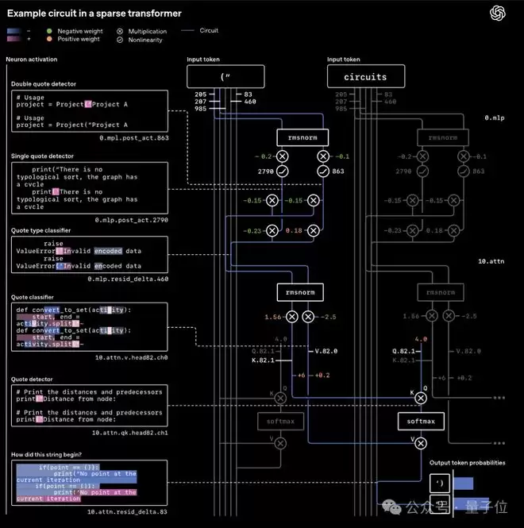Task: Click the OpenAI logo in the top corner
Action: (498, 13)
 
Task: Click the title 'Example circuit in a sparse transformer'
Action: (94, 13)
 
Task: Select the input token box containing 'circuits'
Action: (366, 77)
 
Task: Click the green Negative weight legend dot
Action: (50, 30)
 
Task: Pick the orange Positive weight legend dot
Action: (50, 38)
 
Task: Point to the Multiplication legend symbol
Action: (121, 30)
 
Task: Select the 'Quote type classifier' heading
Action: (41, 230)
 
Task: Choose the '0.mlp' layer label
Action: (495, 118)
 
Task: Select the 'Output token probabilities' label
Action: (467, 463)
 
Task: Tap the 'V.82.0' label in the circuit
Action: (326, 350)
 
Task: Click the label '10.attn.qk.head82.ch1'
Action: (130, 433)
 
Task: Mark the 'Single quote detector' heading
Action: (44, 156)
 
